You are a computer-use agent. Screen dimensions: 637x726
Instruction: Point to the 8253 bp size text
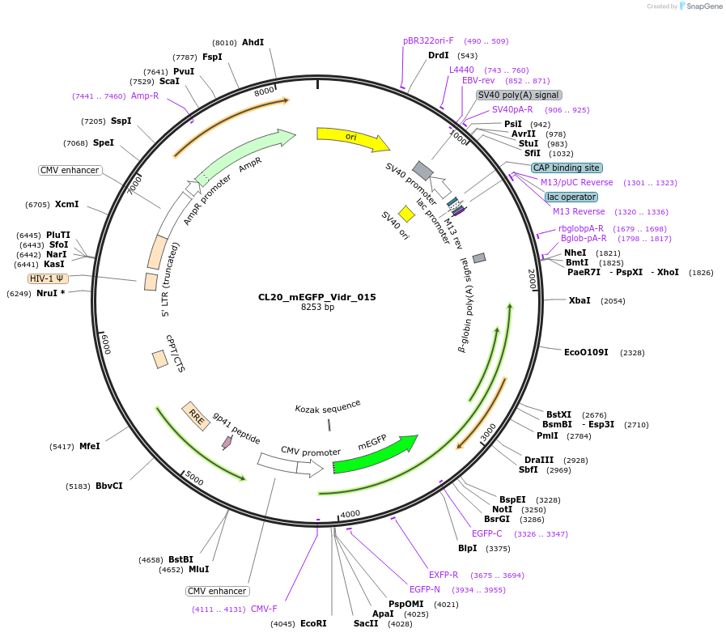(317, 308)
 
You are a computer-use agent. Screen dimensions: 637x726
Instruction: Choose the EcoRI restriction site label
(313, 623)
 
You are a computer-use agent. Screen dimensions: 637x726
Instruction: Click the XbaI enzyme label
(580, 300)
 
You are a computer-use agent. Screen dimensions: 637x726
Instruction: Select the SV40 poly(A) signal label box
(519, 95)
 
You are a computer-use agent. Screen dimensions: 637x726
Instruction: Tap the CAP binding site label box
(567, 168)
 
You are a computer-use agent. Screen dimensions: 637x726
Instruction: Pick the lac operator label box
(571, 197)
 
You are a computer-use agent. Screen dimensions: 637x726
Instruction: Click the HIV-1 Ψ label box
(49, 278)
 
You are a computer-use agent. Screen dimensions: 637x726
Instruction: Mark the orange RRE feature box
(196, 416)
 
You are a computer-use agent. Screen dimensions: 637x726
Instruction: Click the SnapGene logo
(701, 6)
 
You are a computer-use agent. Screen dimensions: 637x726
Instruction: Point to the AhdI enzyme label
(253, 42)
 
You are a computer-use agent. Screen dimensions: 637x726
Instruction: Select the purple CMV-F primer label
(264, 609)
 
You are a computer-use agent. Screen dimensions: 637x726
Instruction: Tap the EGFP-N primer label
(424, 589)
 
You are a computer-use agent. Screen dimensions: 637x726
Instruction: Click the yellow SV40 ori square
(406, 213)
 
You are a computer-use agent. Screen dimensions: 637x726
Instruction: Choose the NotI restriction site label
(502, 509)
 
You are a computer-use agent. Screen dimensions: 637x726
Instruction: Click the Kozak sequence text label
(328, 406)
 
